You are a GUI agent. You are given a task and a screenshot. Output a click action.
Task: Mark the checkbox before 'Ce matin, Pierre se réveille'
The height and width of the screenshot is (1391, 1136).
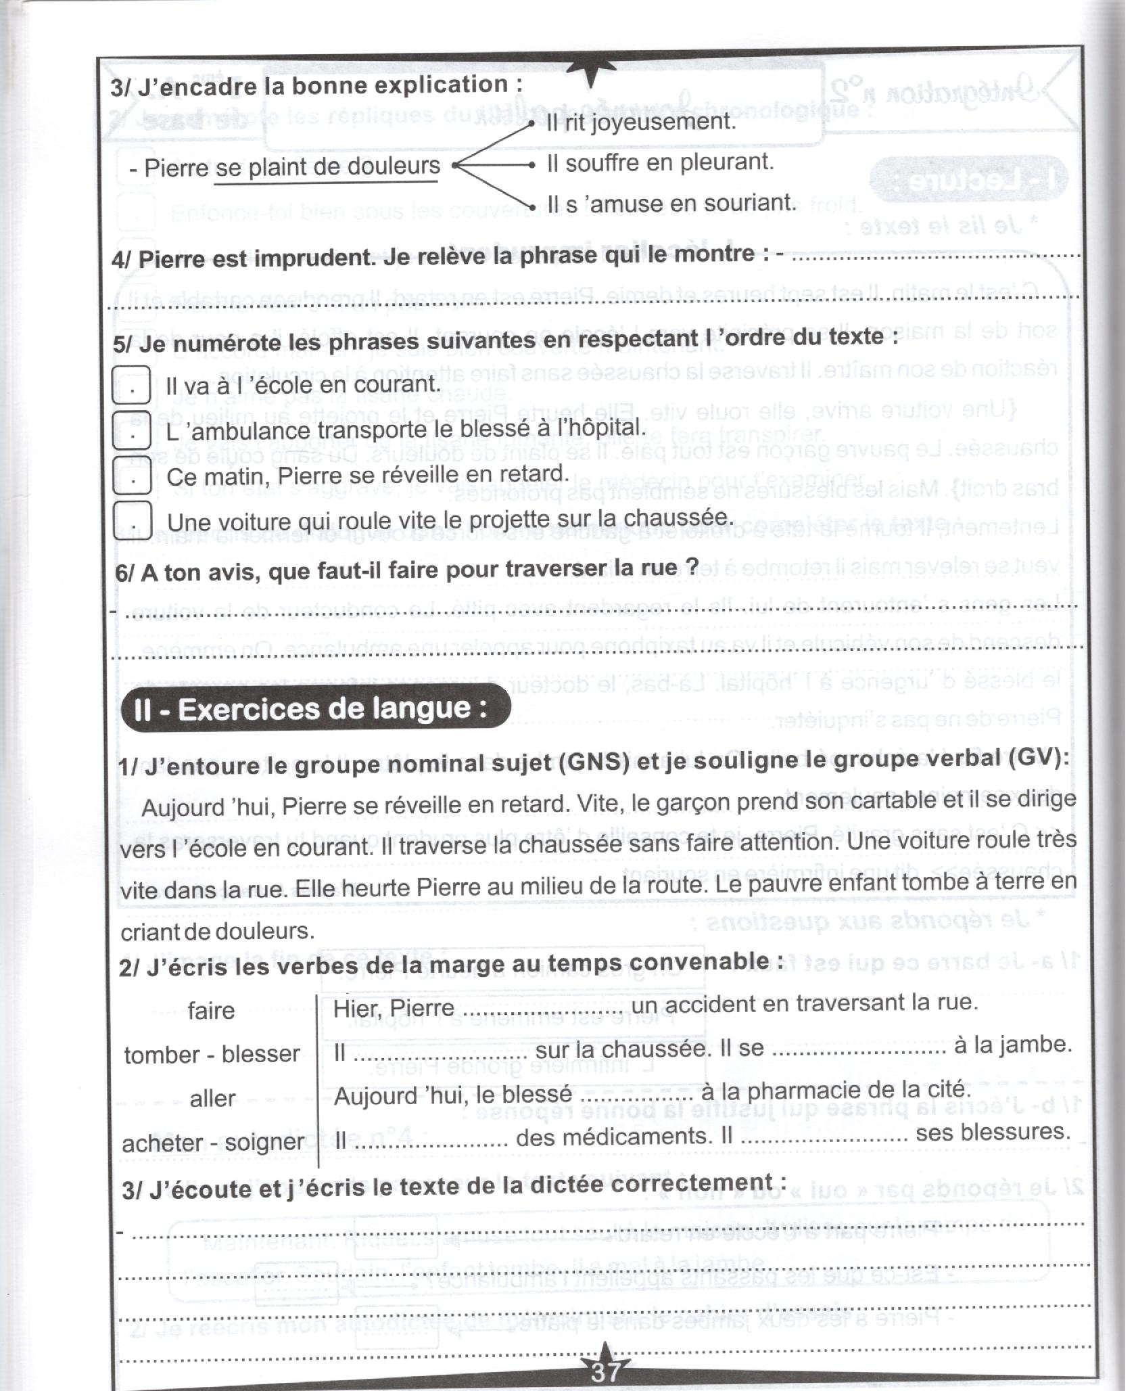coord(132,476)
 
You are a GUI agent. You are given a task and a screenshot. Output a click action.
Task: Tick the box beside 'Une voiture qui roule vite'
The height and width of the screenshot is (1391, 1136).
coord(132,521)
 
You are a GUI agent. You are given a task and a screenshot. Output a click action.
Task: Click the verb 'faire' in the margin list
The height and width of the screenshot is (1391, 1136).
coord(211,1011)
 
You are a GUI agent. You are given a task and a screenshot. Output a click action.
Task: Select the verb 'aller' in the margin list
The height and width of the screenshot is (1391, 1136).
coord(212,1098)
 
